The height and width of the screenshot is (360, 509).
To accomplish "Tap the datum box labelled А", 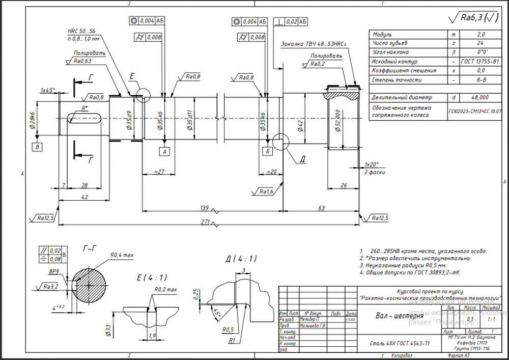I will click(x=164, y=151).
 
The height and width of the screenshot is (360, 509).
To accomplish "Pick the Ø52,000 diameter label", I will click(x=336, y=120).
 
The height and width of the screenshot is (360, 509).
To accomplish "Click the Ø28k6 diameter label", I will click(x=32, y=121).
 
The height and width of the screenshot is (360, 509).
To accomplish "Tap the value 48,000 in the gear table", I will click(x=480, y=97).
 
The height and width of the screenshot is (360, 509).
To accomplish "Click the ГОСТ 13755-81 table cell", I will click(x=480, y=61).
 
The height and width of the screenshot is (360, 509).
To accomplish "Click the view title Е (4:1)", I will click(x=152, y=278).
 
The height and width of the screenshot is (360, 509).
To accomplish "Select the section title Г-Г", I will click(x=89, y=249).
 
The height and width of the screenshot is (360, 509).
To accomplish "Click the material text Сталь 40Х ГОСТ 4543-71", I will click(x=400, y=343).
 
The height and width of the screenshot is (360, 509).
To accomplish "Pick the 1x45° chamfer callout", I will click(x=48, y=90).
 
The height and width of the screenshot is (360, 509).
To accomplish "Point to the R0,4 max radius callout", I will click(x=122, y=255).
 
